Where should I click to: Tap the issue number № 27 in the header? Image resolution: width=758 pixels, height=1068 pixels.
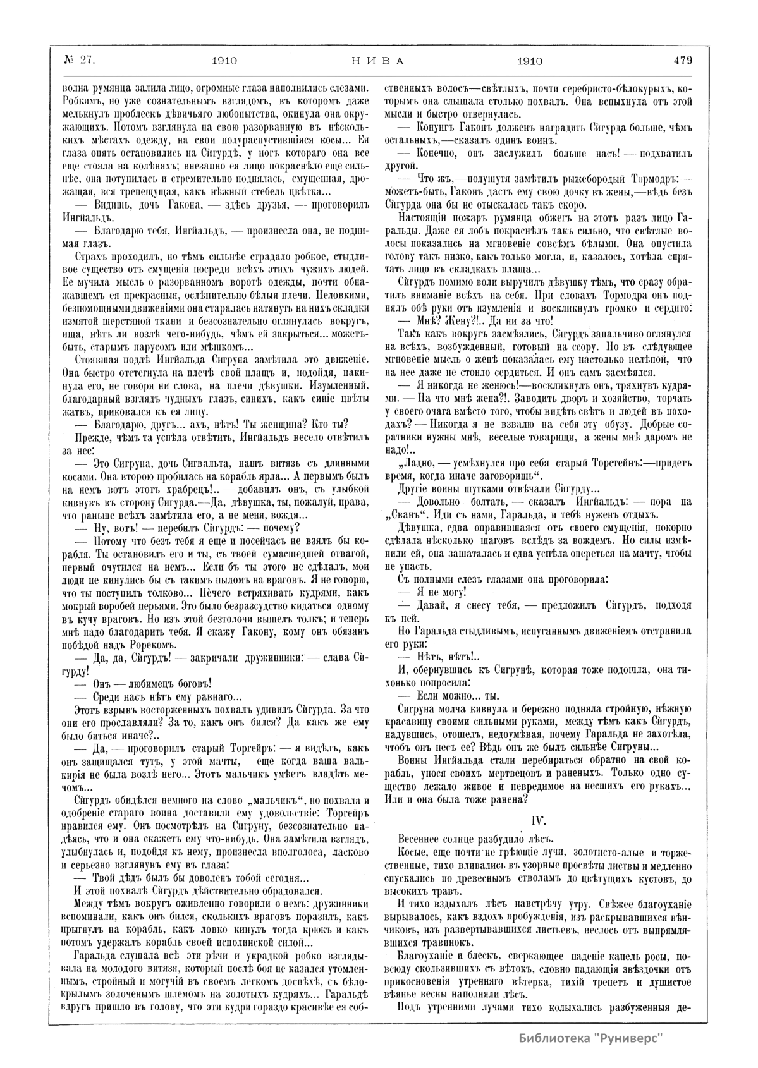click(79, 61)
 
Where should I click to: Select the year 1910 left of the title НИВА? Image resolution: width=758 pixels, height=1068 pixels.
click(224, 61)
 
